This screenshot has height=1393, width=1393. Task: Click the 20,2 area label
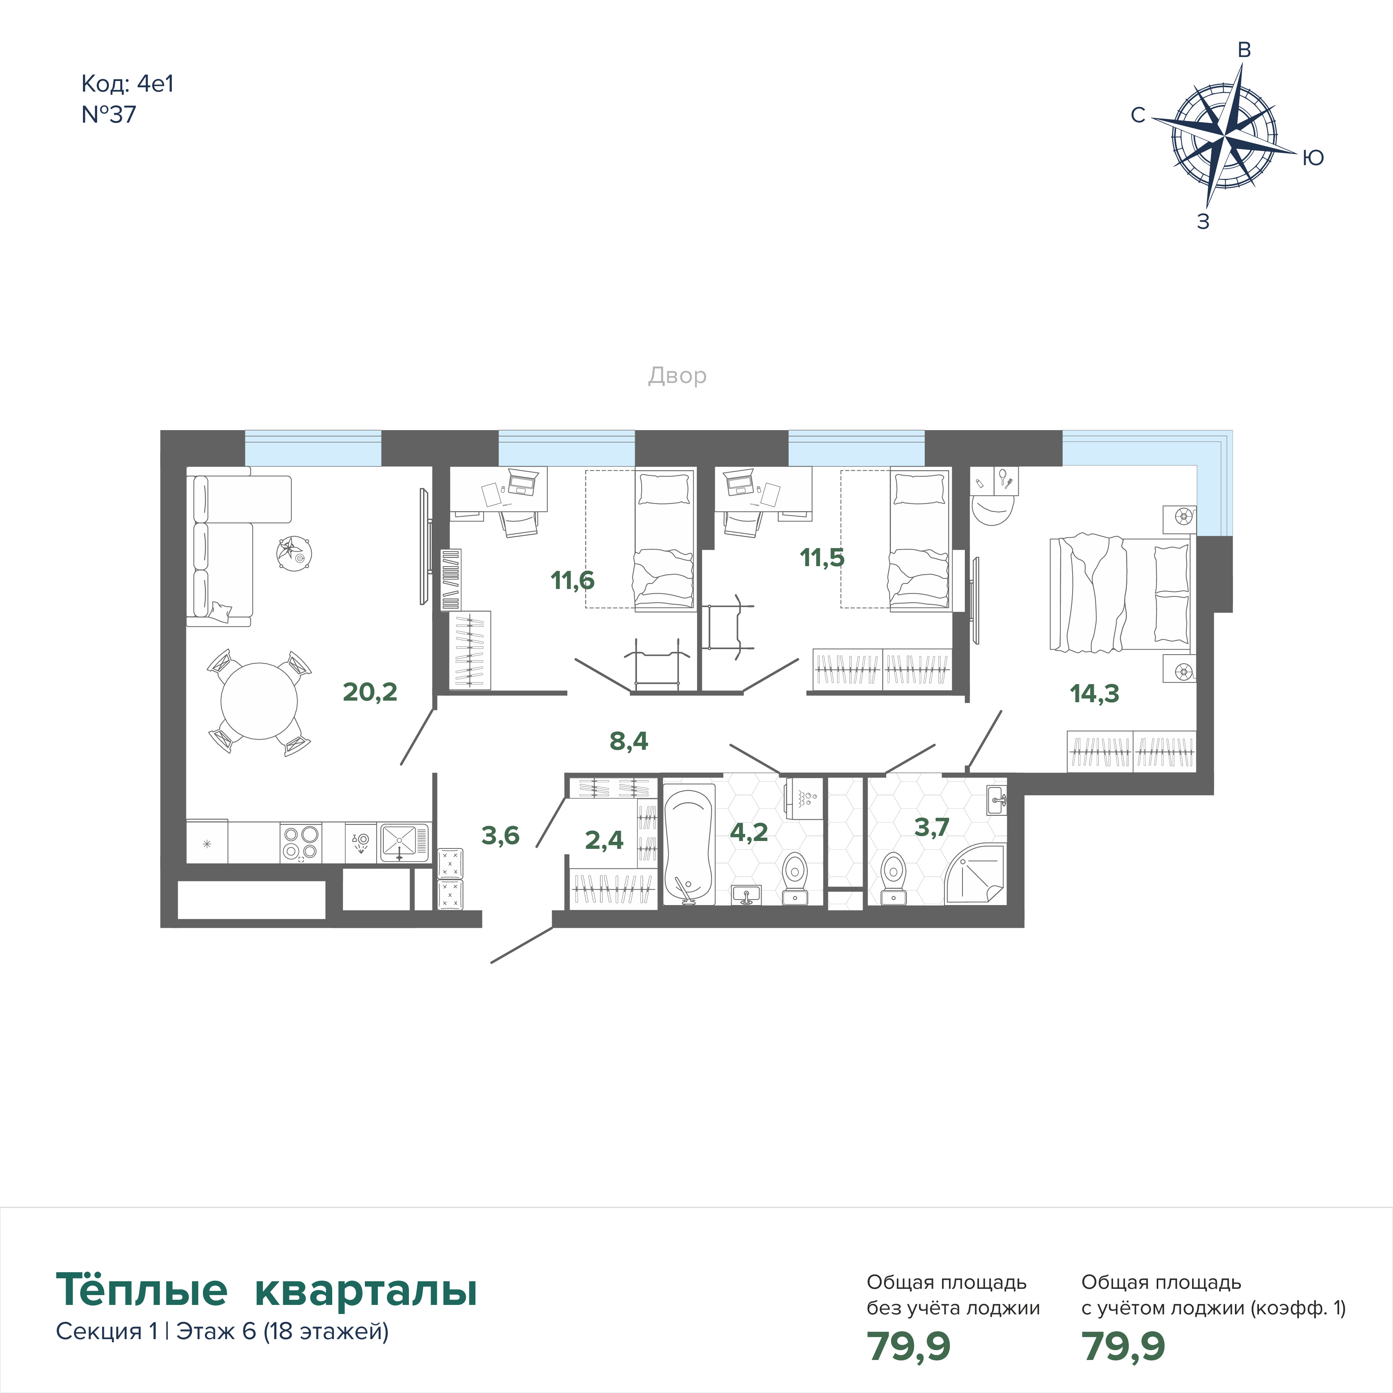370,692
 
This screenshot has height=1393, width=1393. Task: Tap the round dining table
259,701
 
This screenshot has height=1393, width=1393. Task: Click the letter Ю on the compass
1313,158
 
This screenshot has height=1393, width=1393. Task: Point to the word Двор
677,375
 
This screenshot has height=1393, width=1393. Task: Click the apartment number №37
109,115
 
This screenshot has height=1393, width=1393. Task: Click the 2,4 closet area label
604,840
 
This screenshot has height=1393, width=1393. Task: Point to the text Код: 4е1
128,85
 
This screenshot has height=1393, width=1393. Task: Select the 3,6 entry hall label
501,835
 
